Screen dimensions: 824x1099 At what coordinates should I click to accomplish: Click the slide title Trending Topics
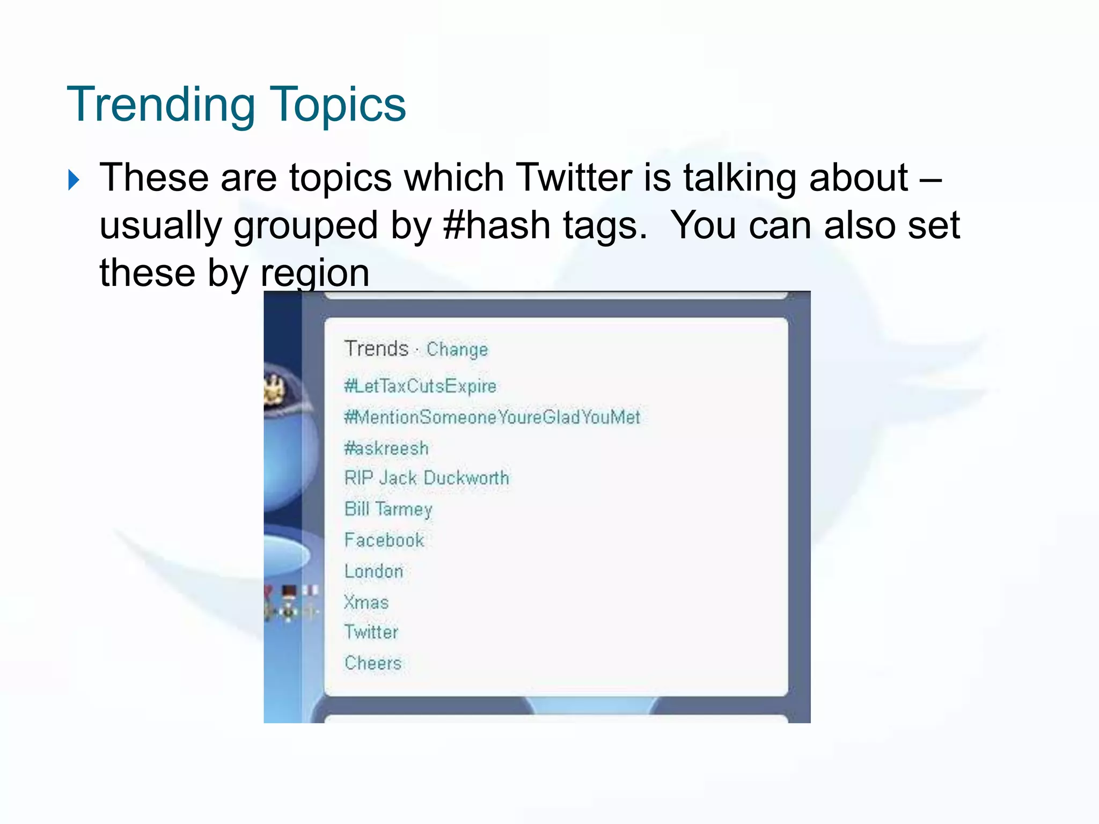(236, 105)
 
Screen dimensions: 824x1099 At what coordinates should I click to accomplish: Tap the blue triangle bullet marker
(74, 180)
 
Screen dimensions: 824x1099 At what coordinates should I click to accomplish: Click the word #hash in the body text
(497, 225)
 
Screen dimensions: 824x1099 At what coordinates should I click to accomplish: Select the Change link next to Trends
(457, 350)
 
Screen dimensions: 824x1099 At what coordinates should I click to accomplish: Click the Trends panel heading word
(376, 349)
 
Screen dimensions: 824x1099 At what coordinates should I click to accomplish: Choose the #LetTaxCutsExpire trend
(420, 386)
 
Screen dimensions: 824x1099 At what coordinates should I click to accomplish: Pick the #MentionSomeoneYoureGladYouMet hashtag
(492, 417)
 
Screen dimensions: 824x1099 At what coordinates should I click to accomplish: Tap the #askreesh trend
(386, 448)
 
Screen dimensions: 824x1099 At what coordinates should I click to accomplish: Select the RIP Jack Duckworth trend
(427, 478)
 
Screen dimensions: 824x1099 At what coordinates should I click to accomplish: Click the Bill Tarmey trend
(389, 509)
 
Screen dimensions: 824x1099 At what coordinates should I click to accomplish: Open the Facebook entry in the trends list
(384, 540)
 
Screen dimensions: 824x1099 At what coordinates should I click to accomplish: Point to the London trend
(373, 571)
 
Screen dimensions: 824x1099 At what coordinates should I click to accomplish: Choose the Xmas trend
(367, 602)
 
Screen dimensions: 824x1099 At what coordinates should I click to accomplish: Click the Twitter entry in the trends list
(371, 632)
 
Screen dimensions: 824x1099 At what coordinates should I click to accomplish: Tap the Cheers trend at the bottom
(373, 664)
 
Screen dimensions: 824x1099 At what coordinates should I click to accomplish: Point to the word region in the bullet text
(315, 274)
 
